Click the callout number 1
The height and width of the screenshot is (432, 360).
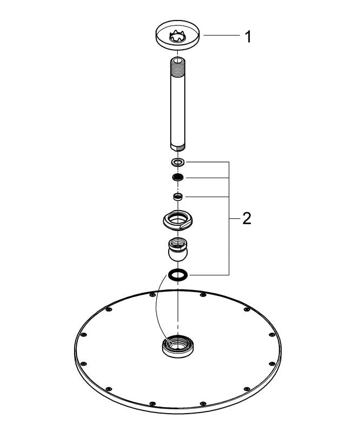pyautogui.click(x=248, y=37)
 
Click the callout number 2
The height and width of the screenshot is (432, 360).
pyautogui.click(x=246, y=219)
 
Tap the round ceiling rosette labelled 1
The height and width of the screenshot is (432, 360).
pyautogui.click(x=178, y=35)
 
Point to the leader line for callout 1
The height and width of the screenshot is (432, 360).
pyautogui.click(x=221, y=35)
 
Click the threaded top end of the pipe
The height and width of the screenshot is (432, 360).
pyautogui.click(x=178, y=69)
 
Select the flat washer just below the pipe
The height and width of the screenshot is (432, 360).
pyautogui.click(x=178, y=163)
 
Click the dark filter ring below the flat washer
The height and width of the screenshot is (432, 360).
pyautogui.click(x=178, y=178)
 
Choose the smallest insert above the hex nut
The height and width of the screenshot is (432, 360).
pyautogui.click(x=178, y=197)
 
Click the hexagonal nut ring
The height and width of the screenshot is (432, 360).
pyautogui.click(x=178, y=219)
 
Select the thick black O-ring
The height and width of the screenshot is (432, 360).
pyautogui.click(x=178, y=275)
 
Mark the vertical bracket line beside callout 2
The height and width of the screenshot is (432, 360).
pyautogui.click(x=229, y=219)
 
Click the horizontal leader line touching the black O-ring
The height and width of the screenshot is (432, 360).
pyautogui.click(x=209, y=275)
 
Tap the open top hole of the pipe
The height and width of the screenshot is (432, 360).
pyautogui.click(x=178, y=60)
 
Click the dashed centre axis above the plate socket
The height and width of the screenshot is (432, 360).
pyautogui.click(x=178, y=308)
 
